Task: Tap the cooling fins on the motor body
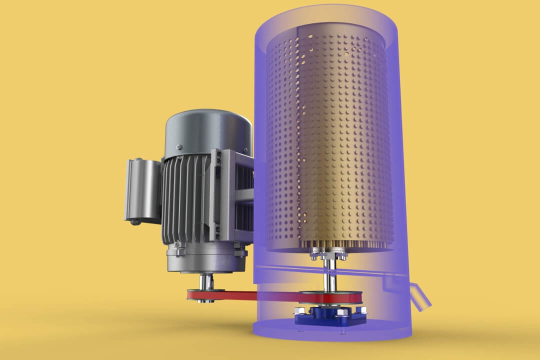coord(185,200)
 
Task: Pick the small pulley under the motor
coord(205,293)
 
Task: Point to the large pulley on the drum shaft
coord(330,298)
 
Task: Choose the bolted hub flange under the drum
coord(328,255)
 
